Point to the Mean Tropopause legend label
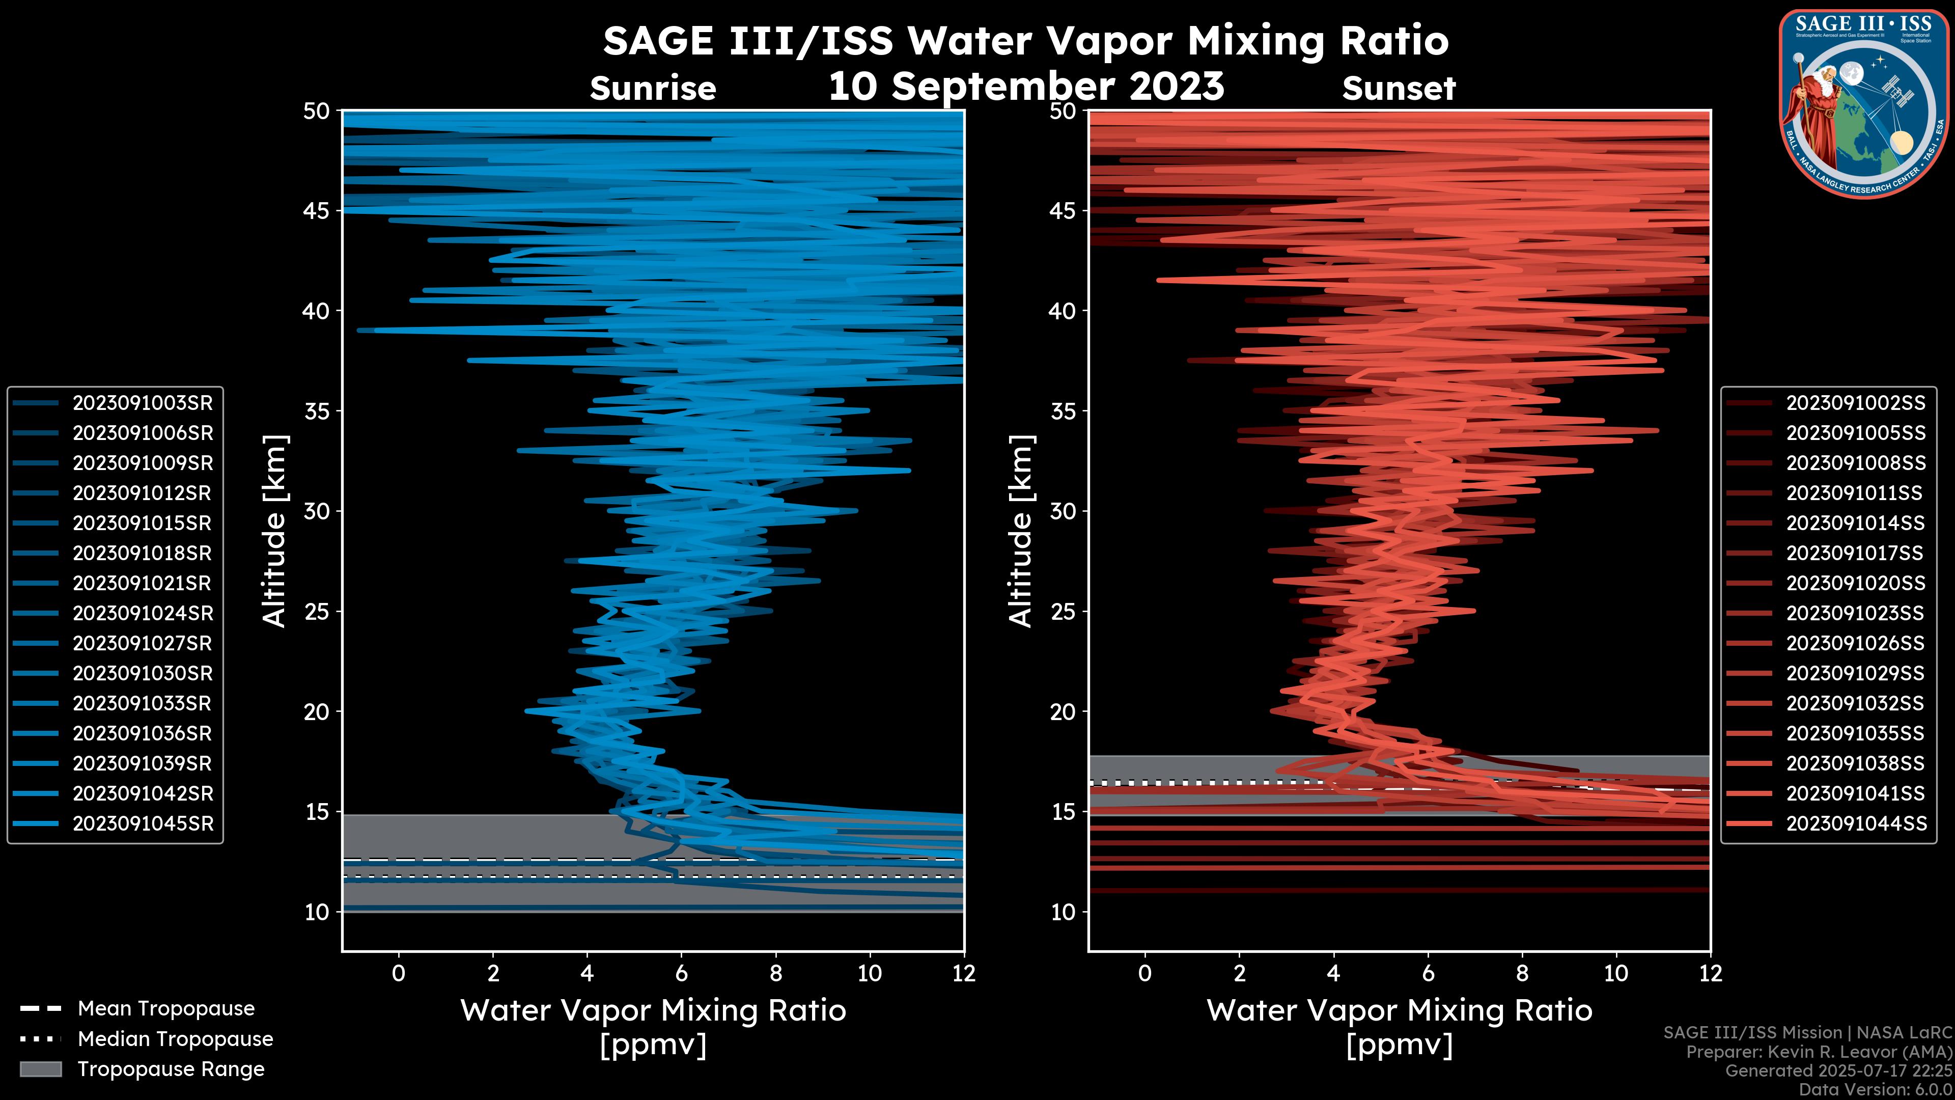pyautogui.click(x=166, y=1009)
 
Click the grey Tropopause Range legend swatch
pyautogui.click(x=40, y=1069)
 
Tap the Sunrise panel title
pyautogui.click(x=653, y=89)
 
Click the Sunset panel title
pyautogui.click(x=1399, y=89)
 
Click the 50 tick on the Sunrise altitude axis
pyautogui.click(x=317, y=112)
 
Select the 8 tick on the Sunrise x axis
pyautogui.click(x=775, y=973)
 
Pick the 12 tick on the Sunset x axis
pyautogui.click(x=1710, y=973)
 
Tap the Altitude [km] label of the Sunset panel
pyautogui.click(x=1021, y=531)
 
